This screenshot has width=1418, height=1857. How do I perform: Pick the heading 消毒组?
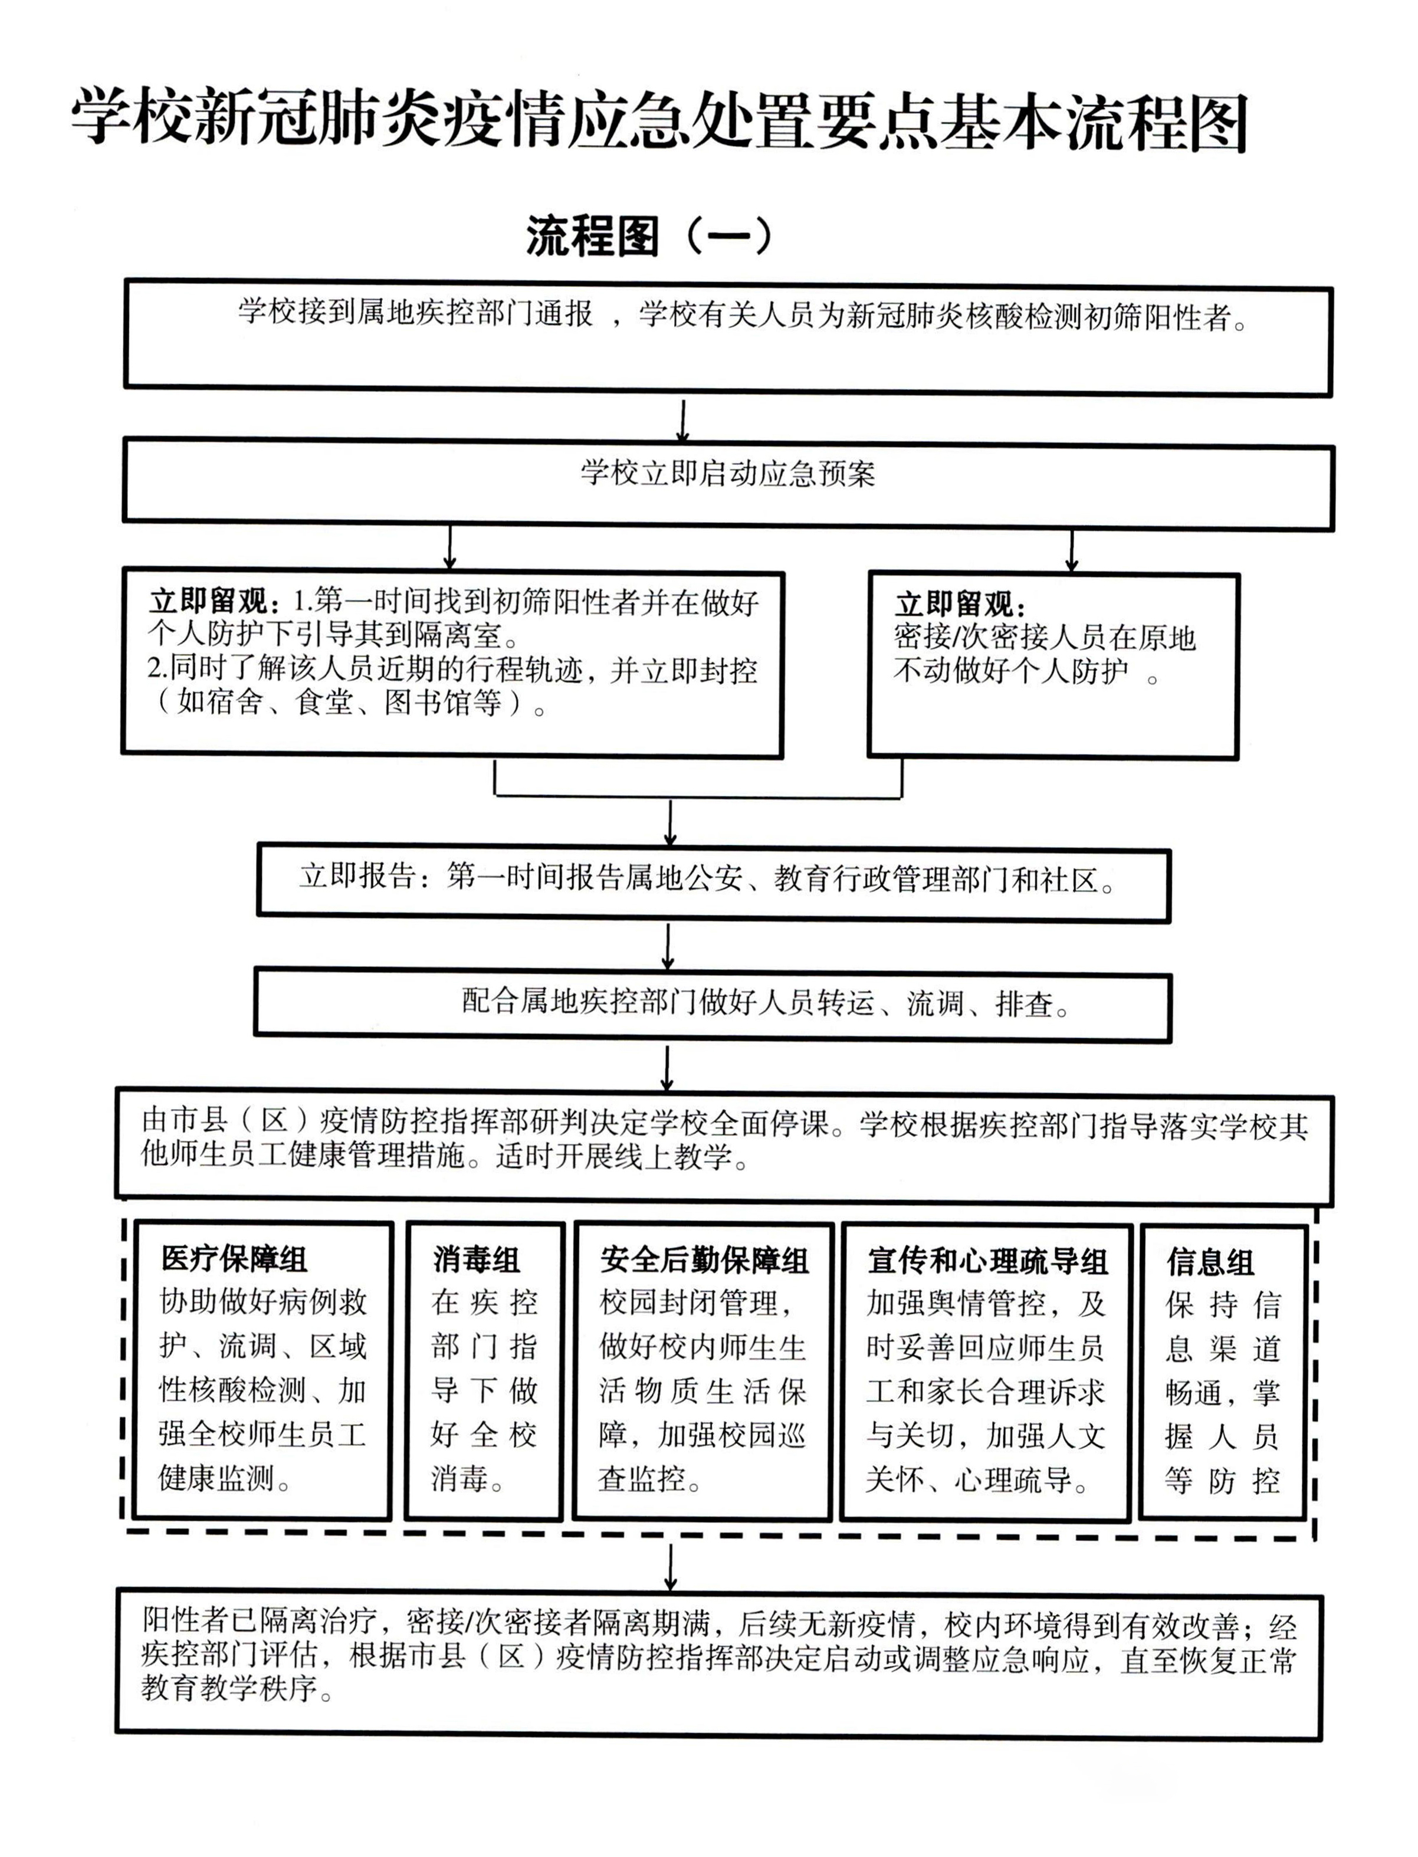click(x=476, y=1260)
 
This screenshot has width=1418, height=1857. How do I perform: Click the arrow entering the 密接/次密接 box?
click(x=1071, y=551)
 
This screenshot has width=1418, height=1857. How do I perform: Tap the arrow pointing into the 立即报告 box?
click(x=670, y=823)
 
